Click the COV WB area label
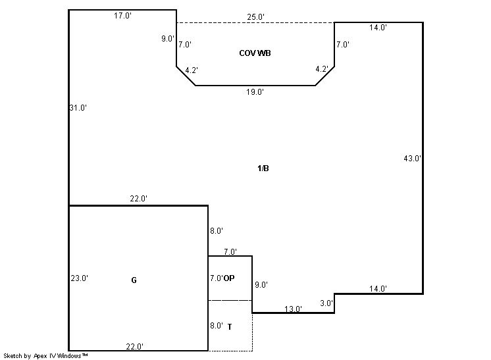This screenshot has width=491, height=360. [255, 53]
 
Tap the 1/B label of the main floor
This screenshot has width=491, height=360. [263, 168]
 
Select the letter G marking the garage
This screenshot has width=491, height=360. [134, 280]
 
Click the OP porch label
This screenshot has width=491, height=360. [229, 278]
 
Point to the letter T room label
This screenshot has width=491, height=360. [230, 327]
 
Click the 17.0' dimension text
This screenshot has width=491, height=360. [122, 16]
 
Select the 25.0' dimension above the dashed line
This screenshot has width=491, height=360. [255, 17]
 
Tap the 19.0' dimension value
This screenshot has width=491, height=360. [255, 91]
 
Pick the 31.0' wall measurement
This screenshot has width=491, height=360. [78, 108]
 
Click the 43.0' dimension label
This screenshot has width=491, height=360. [412, 159]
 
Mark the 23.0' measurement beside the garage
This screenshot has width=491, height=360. [79, 278]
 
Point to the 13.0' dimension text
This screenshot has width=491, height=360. [293, 309]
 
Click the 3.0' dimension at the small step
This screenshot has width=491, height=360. [326, 303]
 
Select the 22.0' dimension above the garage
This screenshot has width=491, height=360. [138, 199]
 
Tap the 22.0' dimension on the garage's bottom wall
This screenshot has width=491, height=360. [135, 347]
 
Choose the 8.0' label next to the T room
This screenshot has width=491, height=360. [217, 326]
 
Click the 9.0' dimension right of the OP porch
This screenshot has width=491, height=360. [261, 284]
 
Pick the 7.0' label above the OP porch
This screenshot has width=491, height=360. [230, 251]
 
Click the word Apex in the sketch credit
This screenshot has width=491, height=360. [40, 356]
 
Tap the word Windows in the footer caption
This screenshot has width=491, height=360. [70, 355]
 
